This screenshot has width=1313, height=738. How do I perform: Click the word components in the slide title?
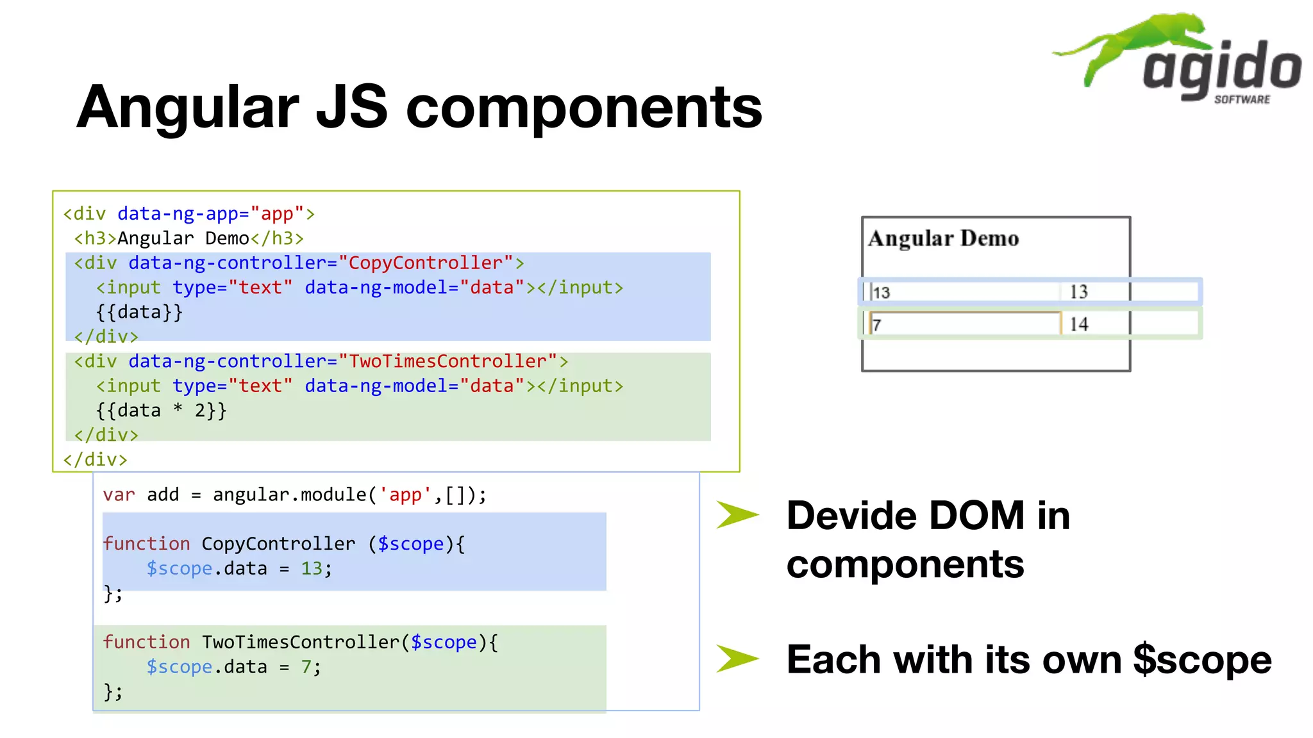584,108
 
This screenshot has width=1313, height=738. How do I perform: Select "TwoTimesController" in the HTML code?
447,361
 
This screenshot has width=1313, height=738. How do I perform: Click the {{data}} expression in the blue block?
139,312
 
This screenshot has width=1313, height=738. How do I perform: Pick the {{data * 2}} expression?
161,411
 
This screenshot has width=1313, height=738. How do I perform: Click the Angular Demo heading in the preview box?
943,239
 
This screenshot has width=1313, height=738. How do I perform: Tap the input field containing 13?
962,292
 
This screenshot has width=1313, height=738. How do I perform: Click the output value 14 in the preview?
1078,324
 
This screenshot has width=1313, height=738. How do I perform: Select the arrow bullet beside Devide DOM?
737,515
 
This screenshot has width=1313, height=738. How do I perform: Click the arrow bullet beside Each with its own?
737,659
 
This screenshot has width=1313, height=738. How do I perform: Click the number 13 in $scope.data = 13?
312,569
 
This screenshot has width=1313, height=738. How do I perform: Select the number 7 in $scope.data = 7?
306,668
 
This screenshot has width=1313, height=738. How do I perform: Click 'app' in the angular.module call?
405,495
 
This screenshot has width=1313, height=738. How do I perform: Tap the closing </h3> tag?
277,239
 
